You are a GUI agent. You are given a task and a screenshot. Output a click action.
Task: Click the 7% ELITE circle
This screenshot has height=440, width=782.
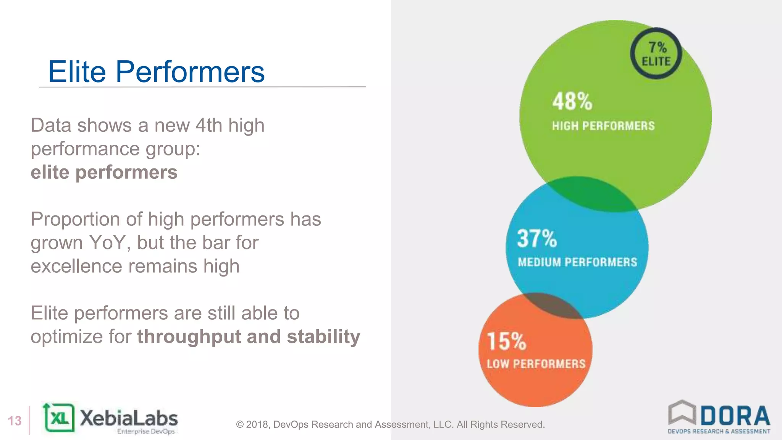656,53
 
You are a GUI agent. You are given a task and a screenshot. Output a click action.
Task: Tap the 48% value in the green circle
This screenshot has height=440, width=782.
572,102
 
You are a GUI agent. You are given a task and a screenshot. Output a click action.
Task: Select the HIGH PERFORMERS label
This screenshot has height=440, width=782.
603,126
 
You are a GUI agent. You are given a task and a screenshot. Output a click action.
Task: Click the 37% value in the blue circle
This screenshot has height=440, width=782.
537,238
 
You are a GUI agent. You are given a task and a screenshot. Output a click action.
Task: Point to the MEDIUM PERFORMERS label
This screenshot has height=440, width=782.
577,262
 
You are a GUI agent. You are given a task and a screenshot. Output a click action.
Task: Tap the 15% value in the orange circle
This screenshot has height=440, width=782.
507,341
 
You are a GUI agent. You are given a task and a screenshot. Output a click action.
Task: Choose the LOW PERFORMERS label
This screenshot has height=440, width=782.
536,364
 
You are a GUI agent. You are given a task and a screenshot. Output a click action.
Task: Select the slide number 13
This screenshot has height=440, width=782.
15,421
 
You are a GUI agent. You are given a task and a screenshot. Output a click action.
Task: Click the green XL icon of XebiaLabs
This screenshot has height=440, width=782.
59,418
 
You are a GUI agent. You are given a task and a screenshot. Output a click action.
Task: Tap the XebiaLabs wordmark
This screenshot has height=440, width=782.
129,418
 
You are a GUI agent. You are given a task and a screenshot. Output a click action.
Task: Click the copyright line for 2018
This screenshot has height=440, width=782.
390,424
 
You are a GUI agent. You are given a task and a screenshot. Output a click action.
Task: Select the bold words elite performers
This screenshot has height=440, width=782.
104,172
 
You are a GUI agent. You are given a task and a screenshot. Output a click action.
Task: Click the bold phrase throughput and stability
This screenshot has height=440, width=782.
249,336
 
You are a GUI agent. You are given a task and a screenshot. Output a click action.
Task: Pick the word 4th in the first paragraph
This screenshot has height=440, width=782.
208,125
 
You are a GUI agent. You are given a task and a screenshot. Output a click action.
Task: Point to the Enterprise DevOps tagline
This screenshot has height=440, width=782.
146,432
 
